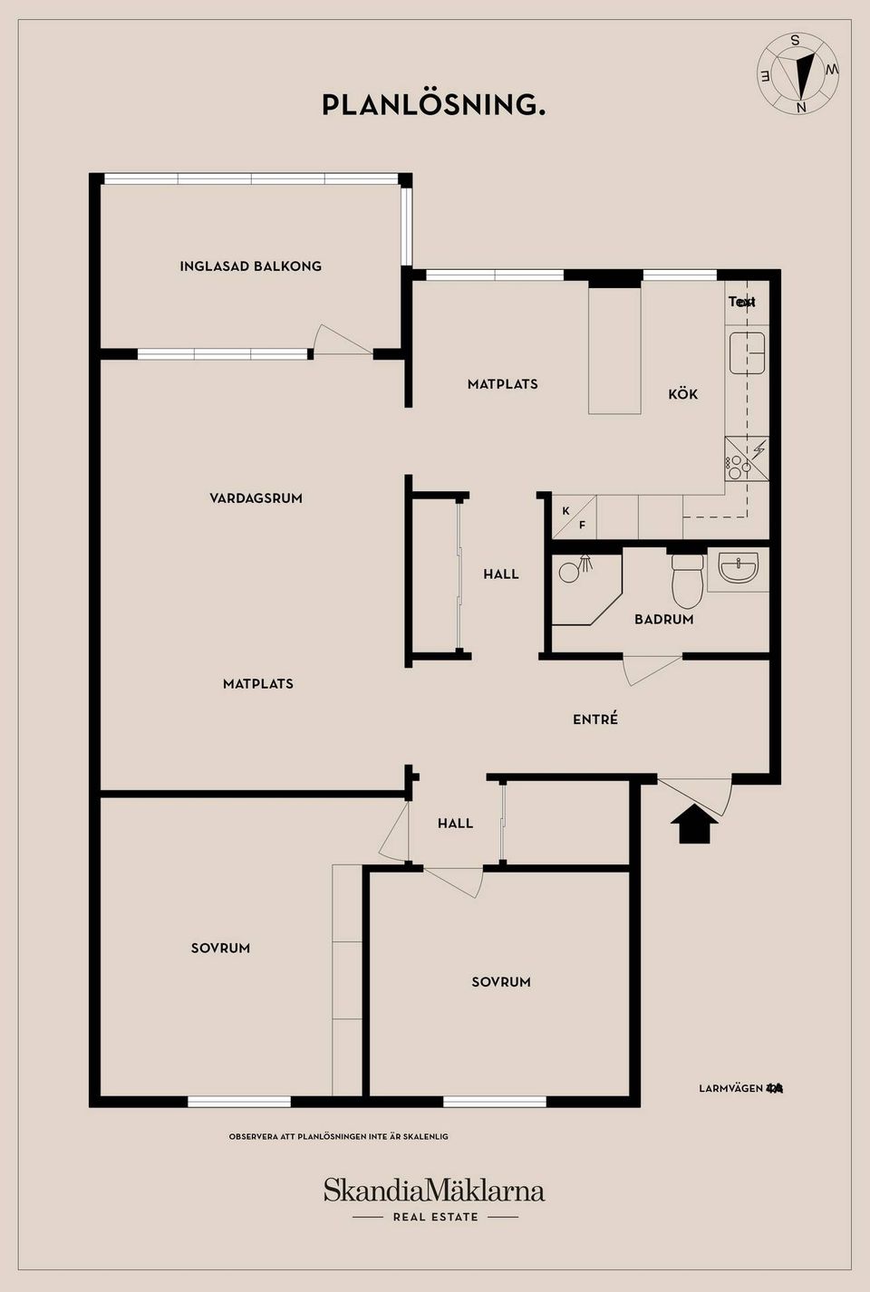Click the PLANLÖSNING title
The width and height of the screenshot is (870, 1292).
coord(433,105)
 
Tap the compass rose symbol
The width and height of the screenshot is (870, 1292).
coord(798,73)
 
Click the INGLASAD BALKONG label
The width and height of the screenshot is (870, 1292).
coord(250,266)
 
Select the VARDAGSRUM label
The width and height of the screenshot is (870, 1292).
coord(256,498)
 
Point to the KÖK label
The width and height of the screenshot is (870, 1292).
coord(682,394)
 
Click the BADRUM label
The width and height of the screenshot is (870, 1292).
coord(663,620)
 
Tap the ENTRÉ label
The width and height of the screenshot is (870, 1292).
coord(595,719)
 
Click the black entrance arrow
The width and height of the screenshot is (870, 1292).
coord(694,824)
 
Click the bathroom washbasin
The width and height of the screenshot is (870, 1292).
coord(738,569)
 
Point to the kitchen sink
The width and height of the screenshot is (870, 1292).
coord(747,352)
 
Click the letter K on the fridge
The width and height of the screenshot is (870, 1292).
coord(565,511)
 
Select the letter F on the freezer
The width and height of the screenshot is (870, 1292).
coord(582,525)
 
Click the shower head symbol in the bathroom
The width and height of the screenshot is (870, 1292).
coord(585,563)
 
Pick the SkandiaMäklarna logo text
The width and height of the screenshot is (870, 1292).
coord(434,1190)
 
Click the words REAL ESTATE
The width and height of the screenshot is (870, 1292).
coord(435,1217)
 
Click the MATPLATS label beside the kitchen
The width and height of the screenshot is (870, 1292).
coord(502,384)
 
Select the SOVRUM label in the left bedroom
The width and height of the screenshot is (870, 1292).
coord(220,949)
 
